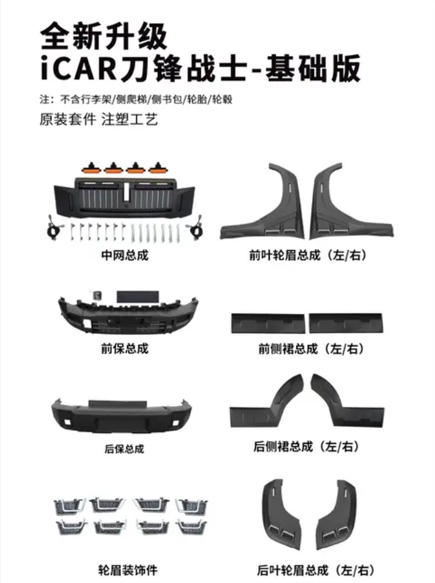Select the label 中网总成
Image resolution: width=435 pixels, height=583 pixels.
[125, 255]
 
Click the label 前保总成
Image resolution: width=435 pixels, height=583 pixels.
[125, 348]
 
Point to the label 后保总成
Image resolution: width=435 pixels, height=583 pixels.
[125, 448]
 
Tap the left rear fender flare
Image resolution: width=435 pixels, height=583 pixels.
[283, 510]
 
